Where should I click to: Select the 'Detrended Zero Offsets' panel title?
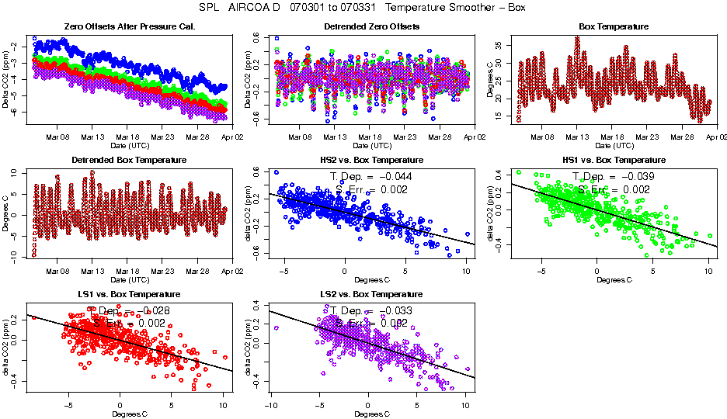[x=371, y=27]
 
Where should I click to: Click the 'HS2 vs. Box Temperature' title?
[x=371, y=161]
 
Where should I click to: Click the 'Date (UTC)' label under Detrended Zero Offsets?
[x=371, y=145]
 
